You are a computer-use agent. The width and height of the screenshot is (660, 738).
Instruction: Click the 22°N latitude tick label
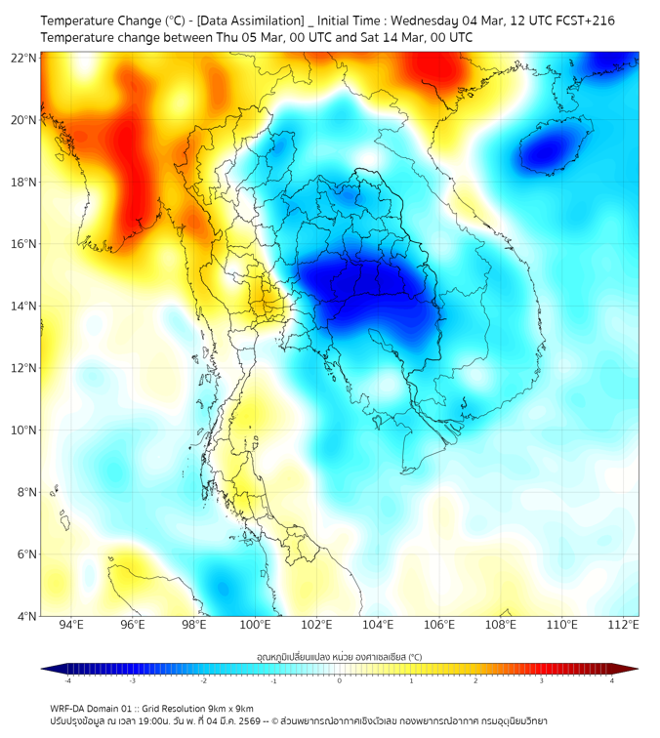pyautogui.click(x=24, y=58)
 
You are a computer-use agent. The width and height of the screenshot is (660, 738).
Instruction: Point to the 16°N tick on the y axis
pyautogui.click(x=24, y=244)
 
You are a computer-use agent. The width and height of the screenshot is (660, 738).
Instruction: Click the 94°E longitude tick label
pyautogui.click(x=71, y=626)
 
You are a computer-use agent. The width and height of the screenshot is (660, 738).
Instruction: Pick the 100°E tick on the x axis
pyautogui.click(x=255, y=626)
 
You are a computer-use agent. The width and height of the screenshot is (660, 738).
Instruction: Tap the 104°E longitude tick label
pyautogui.click(x=378, y=626)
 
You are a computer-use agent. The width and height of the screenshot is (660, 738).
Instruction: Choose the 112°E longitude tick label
pyautogui.click(x=623, y=626)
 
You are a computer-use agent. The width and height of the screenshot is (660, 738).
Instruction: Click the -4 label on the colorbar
pyautogui.click(x=67, y=680)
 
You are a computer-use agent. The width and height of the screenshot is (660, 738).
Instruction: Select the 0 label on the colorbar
pyautogui.click(x=340, y=680)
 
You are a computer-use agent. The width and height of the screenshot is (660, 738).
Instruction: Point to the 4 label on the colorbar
pyautogui.click(x=612, y=680)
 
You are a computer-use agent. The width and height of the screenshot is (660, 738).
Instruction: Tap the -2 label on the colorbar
pyautogui.click(x=203, y=680)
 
